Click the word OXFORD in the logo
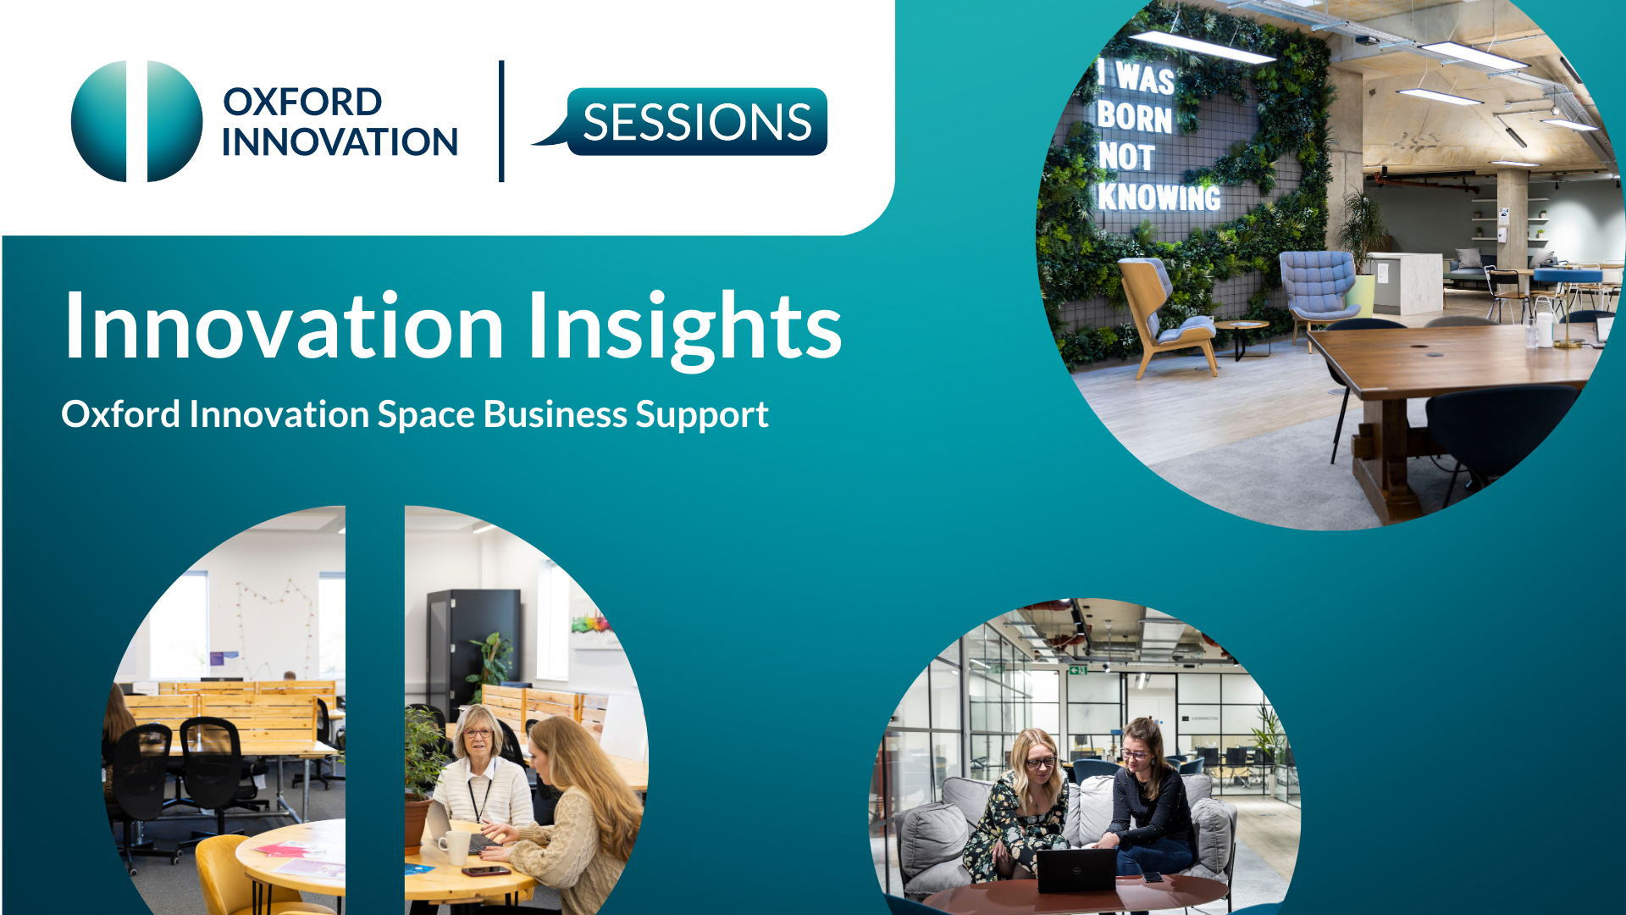click(302, 102)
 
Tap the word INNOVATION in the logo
click(340, 142)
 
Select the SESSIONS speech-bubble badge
click(680, 121)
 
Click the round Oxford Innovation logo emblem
click(137, 121)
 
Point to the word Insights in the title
click(684, 327)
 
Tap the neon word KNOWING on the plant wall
click(1159, 197)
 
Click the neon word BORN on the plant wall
click(1135, 117)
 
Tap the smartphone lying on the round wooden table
click(485, 871)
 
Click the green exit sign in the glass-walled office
click(1078, 670)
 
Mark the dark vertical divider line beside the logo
click(501, 121)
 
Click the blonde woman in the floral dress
click(1020, 805)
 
